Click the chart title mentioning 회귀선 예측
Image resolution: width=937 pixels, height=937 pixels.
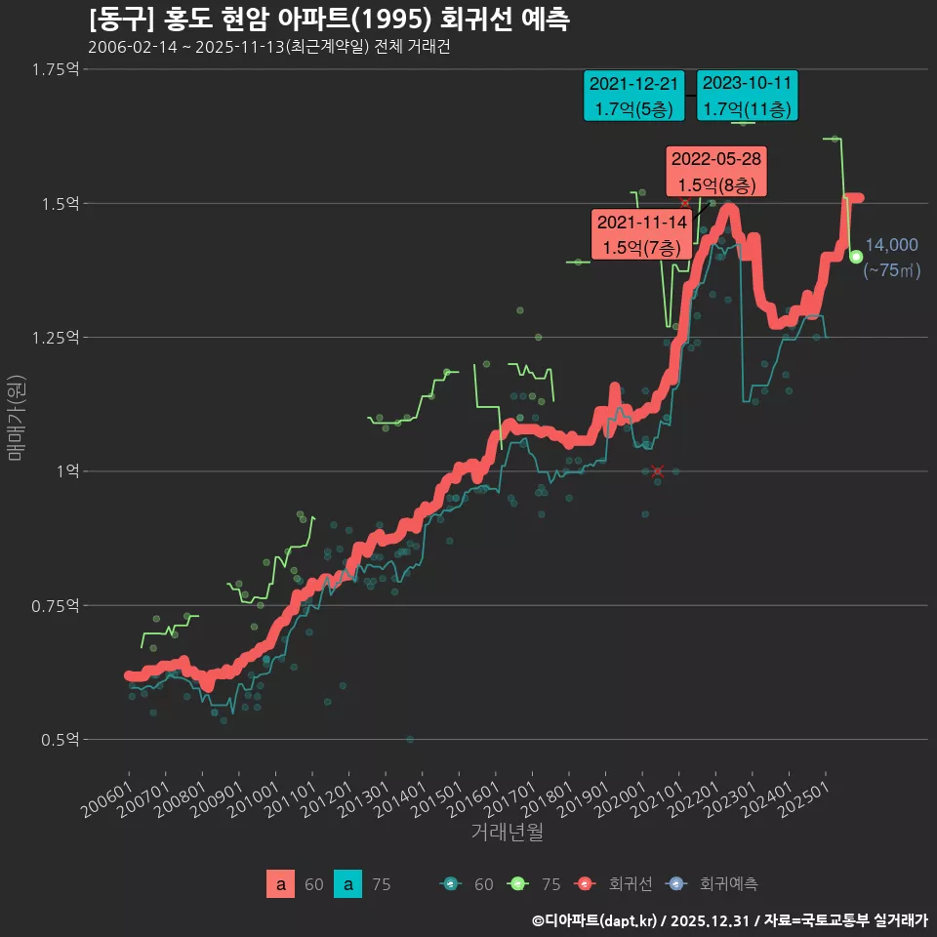click(329, 19)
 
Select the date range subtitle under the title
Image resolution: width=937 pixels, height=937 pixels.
click(268, 47)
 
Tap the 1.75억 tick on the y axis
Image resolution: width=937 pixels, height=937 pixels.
click(56, 69)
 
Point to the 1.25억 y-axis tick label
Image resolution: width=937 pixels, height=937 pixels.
click(56, 338)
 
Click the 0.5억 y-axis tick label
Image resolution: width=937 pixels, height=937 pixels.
click(60, 740)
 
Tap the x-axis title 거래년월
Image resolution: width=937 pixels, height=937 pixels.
click(507, 833)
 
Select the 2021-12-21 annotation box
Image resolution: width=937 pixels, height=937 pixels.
click(633, 96)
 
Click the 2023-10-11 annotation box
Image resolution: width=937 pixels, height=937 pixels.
click(748, 96)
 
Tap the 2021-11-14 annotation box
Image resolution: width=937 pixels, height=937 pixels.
click(641, 234)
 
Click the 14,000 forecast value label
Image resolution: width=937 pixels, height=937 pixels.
click(891, 245)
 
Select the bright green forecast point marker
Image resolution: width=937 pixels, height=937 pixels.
click(856, 257)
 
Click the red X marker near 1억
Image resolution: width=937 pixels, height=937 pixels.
click(658, 471)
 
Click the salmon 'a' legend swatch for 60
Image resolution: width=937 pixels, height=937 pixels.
click(280, 884)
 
